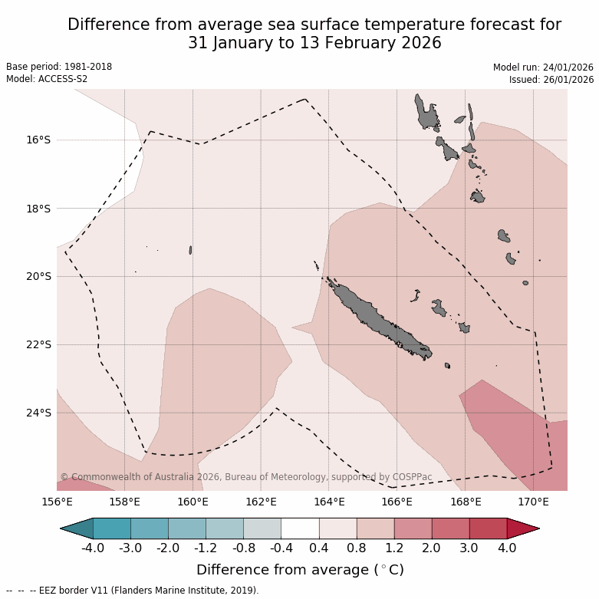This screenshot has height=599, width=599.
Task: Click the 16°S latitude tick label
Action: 38,140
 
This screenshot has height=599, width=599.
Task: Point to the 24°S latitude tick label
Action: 38,413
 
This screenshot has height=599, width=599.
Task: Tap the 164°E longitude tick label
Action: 328,502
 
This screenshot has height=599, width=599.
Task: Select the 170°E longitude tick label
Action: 533,502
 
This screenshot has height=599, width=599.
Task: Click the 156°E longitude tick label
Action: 57,502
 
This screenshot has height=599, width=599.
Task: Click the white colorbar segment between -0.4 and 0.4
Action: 300,528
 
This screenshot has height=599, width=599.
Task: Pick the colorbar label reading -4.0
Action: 93,548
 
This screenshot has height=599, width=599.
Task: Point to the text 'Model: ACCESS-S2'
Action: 47,79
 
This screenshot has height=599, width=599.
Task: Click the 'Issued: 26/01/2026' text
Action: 551,80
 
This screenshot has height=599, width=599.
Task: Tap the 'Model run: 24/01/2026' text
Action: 543,67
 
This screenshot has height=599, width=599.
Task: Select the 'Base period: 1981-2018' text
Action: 59,67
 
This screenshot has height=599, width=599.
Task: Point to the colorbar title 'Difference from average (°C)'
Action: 300,570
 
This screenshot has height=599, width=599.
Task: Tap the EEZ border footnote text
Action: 133,591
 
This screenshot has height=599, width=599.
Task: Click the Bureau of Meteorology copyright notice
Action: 246,477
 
